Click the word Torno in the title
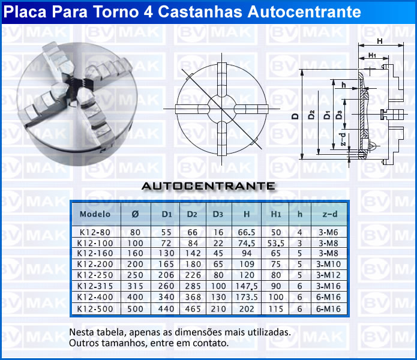(116, 12)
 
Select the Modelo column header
(95, 214)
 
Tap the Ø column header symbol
(135, 214)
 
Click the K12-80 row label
(95, 232)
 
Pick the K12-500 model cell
(95, 309)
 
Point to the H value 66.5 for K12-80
(247, 232)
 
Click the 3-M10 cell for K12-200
(328, 264)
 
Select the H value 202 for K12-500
(247, 309)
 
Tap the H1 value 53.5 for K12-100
(276, 243)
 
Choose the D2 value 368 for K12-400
(193, 297)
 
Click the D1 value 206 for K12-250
(166, 275)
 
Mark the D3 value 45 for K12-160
(218, 253)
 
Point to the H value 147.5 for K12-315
(247, 286)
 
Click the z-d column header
(330, 214)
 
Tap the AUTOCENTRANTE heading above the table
(209, 186)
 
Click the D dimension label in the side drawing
(295, 116)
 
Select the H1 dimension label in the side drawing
(372, 55)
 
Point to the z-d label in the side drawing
(343, 139)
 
